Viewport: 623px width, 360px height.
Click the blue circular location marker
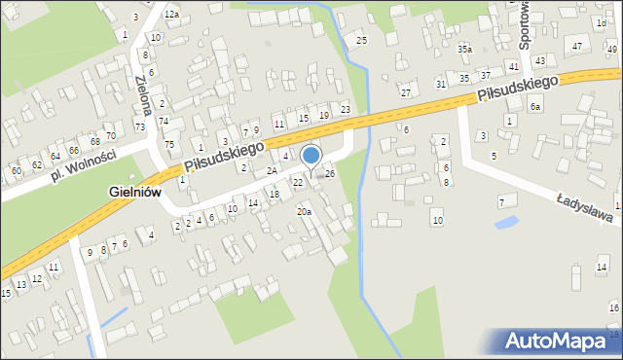(311, 156)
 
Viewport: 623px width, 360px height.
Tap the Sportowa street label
(526, 25)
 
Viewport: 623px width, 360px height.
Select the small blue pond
(505, 223)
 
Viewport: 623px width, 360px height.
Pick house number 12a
(171, 15)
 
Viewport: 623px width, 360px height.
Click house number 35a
(465, 49)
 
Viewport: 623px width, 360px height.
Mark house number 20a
(304, 211)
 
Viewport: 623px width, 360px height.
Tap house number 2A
(273, 170)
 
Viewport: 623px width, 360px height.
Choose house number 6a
(535, 107)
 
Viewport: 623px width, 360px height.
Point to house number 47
(577, 47)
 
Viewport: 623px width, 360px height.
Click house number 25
(361, 40)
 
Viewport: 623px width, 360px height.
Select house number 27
(406, 92)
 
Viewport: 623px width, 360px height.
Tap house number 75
(169, 144)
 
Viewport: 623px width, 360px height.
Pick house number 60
(16, 170)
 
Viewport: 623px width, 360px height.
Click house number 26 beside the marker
(330, 173)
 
